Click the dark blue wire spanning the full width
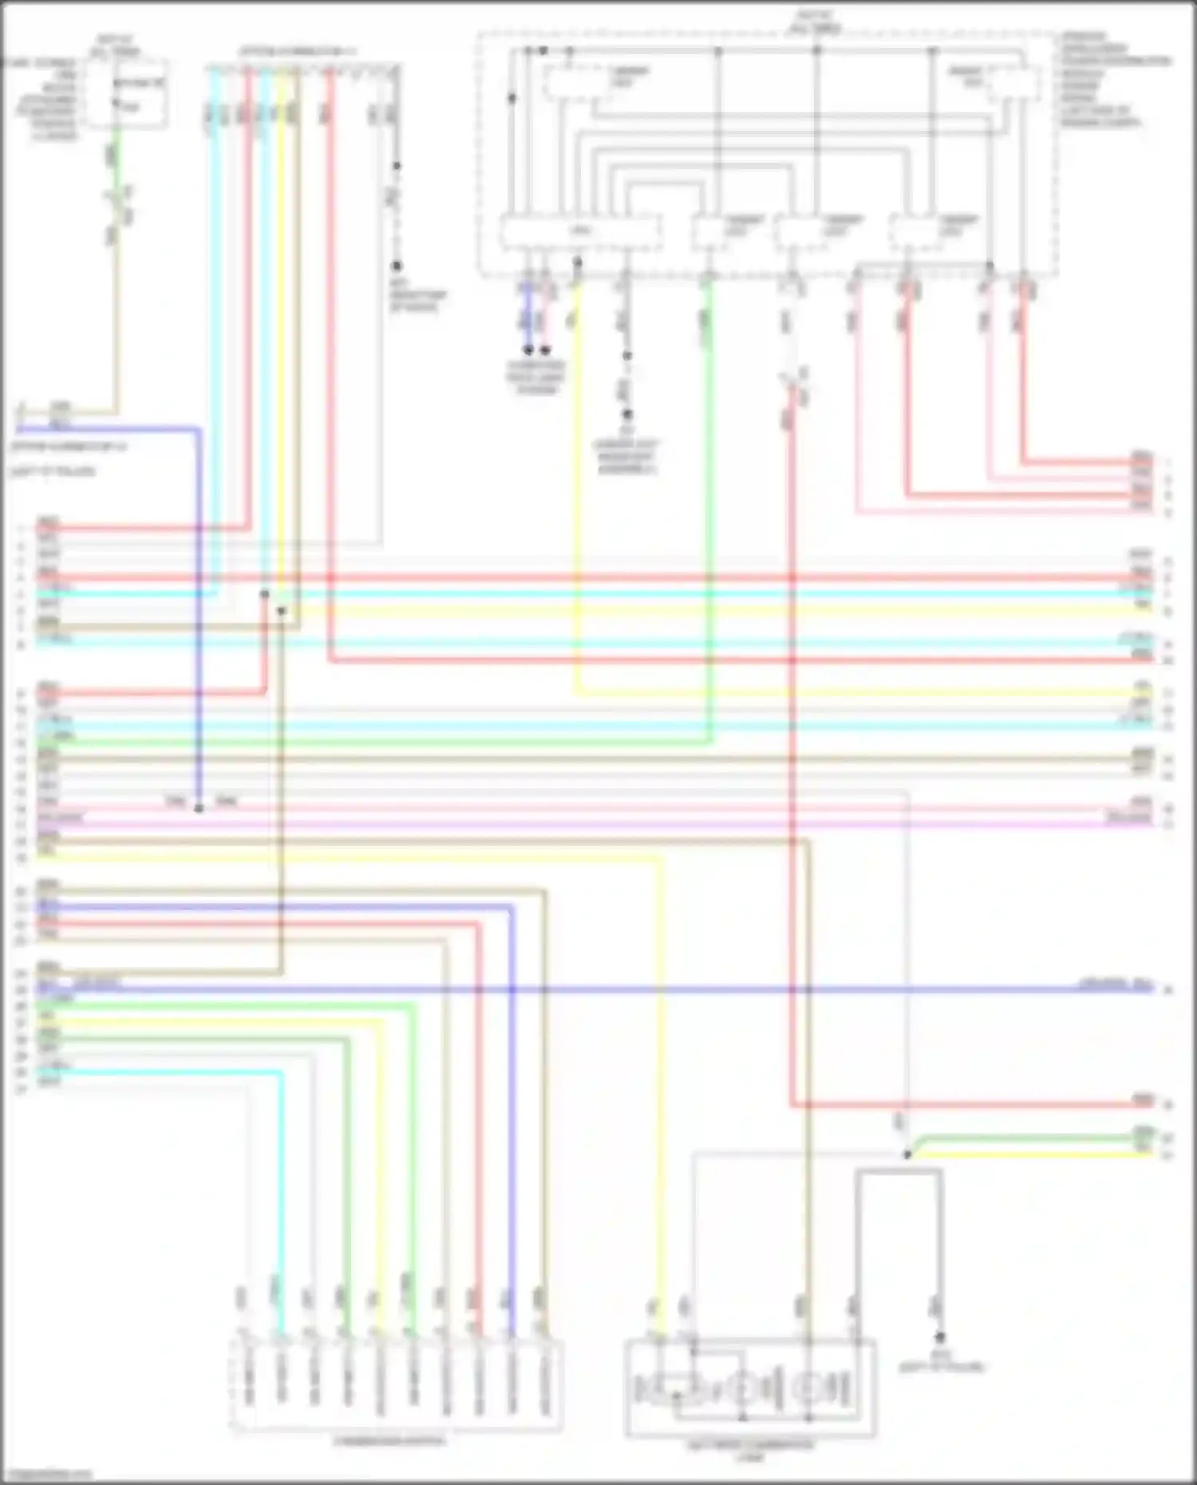tap(718, 990)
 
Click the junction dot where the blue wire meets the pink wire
tap(199, 808)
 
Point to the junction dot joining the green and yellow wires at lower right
tap(907, 1154)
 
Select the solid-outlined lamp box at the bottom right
tap(749, 1388)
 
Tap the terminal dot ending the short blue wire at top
tap(527, 350)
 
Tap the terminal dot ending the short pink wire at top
tap(545, 350)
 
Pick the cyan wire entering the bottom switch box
tap(281, 1197)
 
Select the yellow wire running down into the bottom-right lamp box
tap(659, 1117)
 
